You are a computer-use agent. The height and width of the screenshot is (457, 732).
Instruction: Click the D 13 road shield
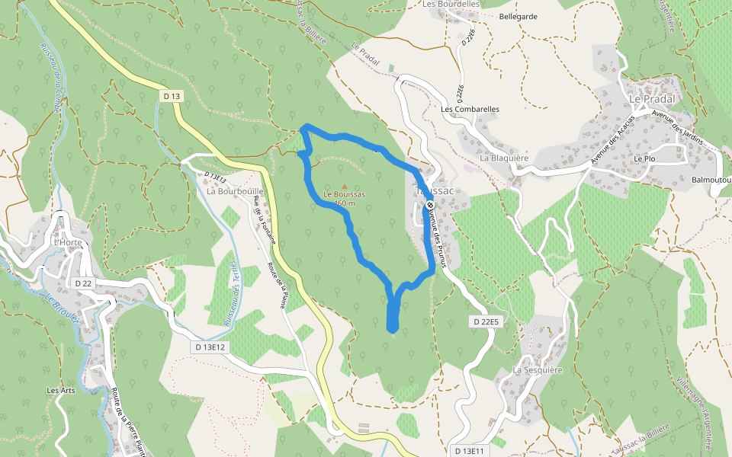[172, 96]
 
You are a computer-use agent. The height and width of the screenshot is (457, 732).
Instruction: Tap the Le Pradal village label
[647, 99]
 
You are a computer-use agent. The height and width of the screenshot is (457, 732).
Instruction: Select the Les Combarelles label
[470, 109]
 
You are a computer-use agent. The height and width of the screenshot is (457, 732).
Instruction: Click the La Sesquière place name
[537, 370]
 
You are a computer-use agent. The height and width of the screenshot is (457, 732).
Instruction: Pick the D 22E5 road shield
[486, 322]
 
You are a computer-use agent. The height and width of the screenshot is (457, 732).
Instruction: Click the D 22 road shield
[84, 283]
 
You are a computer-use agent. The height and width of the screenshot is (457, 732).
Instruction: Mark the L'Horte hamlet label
[66, 242]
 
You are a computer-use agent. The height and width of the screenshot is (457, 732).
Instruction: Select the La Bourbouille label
[235, 191]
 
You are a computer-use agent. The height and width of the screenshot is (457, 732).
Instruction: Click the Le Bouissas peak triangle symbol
[345, 186]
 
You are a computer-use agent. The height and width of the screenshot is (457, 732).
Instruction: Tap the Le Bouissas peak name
[344, 194]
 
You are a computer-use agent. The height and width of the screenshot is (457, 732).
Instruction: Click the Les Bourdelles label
[451, 4]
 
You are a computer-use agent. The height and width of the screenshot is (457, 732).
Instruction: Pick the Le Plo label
[644, 158]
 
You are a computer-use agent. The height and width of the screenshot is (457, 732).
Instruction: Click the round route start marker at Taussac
[430, 205]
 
